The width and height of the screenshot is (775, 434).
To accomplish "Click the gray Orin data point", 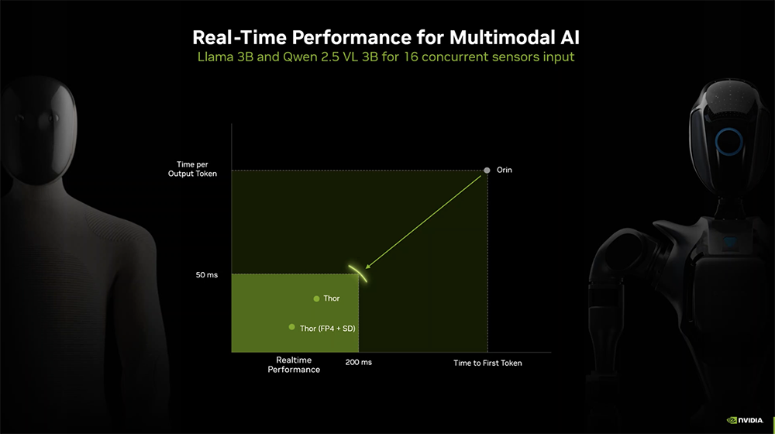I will pos(487,170).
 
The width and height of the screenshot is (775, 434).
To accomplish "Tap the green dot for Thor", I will pos(316,298).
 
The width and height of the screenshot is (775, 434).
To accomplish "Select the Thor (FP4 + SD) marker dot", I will pos(291,327).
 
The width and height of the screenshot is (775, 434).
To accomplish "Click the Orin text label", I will pos(505,170).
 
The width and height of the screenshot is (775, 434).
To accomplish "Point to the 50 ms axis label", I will pos(207,275).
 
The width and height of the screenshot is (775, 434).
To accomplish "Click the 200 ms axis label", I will pos(359,363).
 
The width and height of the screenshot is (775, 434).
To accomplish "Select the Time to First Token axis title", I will pos(487,363).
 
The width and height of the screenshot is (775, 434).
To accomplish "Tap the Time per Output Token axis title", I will pos(192,169).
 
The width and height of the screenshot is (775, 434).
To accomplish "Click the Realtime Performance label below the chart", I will pos(294,365).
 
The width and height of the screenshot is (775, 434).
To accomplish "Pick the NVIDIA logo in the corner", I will pos(746,420).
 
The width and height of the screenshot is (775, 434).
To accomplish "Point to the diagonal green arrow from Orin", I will pos(426,219).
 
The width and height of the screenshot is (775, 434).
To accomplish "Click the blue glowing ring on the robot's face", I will pos(728,142).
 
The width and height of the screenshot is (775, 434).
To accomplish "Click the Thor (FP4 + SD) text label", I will pos(328,328).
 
